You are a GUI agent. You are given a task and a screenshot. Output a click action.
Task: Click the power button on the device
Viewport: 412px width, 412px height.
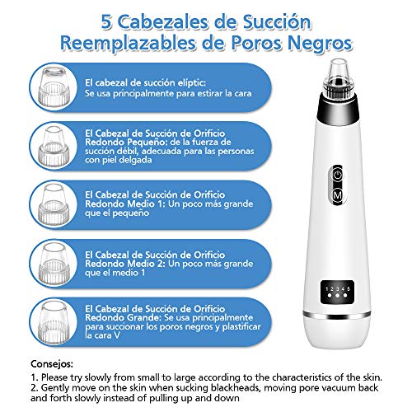[x=338, y=175]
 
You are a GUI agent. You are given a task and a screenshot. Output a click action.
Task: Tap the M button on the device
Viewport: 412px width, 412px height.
[x=338, y=195]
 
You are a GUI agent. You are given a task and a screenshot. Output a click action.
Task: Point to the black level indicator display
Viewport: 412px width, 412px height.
[x=337, y=292]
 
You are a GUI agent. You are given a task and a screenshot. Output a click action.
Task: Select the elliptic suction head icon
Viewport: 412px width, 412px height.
[x=54, y=87]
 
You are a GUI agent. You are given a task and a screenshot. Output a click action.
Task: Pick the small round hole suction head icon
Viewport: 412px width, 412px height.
[x=54, y=146]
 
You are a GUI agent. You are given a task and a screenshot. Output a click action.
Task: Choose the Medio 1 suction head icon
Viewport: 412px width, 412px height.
[x=54, y=204]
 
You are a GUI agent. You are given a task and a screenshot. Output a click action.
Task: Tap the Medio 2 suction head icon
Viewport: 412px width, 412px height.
[x=54, y=264]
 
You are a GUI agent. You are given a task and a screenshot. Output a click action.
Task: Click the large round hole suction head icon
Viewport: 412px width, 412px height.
[x=54, y=322]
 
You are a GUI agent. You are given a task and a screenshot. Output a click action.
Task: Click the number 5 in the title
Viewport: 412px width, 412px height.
[x=107, y=22]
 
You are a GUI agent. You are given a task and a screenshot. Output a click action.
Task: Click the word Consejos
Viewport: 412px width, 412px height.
[x=52, y=364]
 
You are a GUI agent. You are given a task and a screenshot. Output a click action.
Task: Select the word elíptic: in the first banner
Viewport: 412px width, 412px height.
[x=190, y=83]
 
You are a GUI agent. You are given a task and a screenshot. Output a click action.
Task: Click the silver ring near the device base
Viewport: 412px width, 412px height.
[x=337, y=315]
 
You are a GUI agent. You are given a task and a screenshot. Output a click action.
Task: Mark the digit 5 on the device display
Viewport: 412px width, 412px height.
[x=349, y=288]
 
